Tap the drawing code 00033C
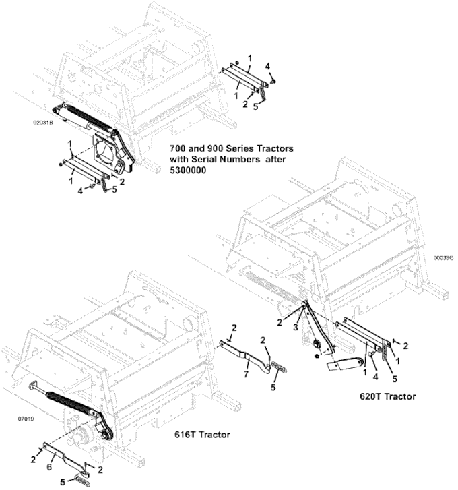[x=443, y=257]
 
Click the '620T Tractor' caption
[x=387, y=396]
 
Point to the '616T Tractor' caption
[x=203, y=435]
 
